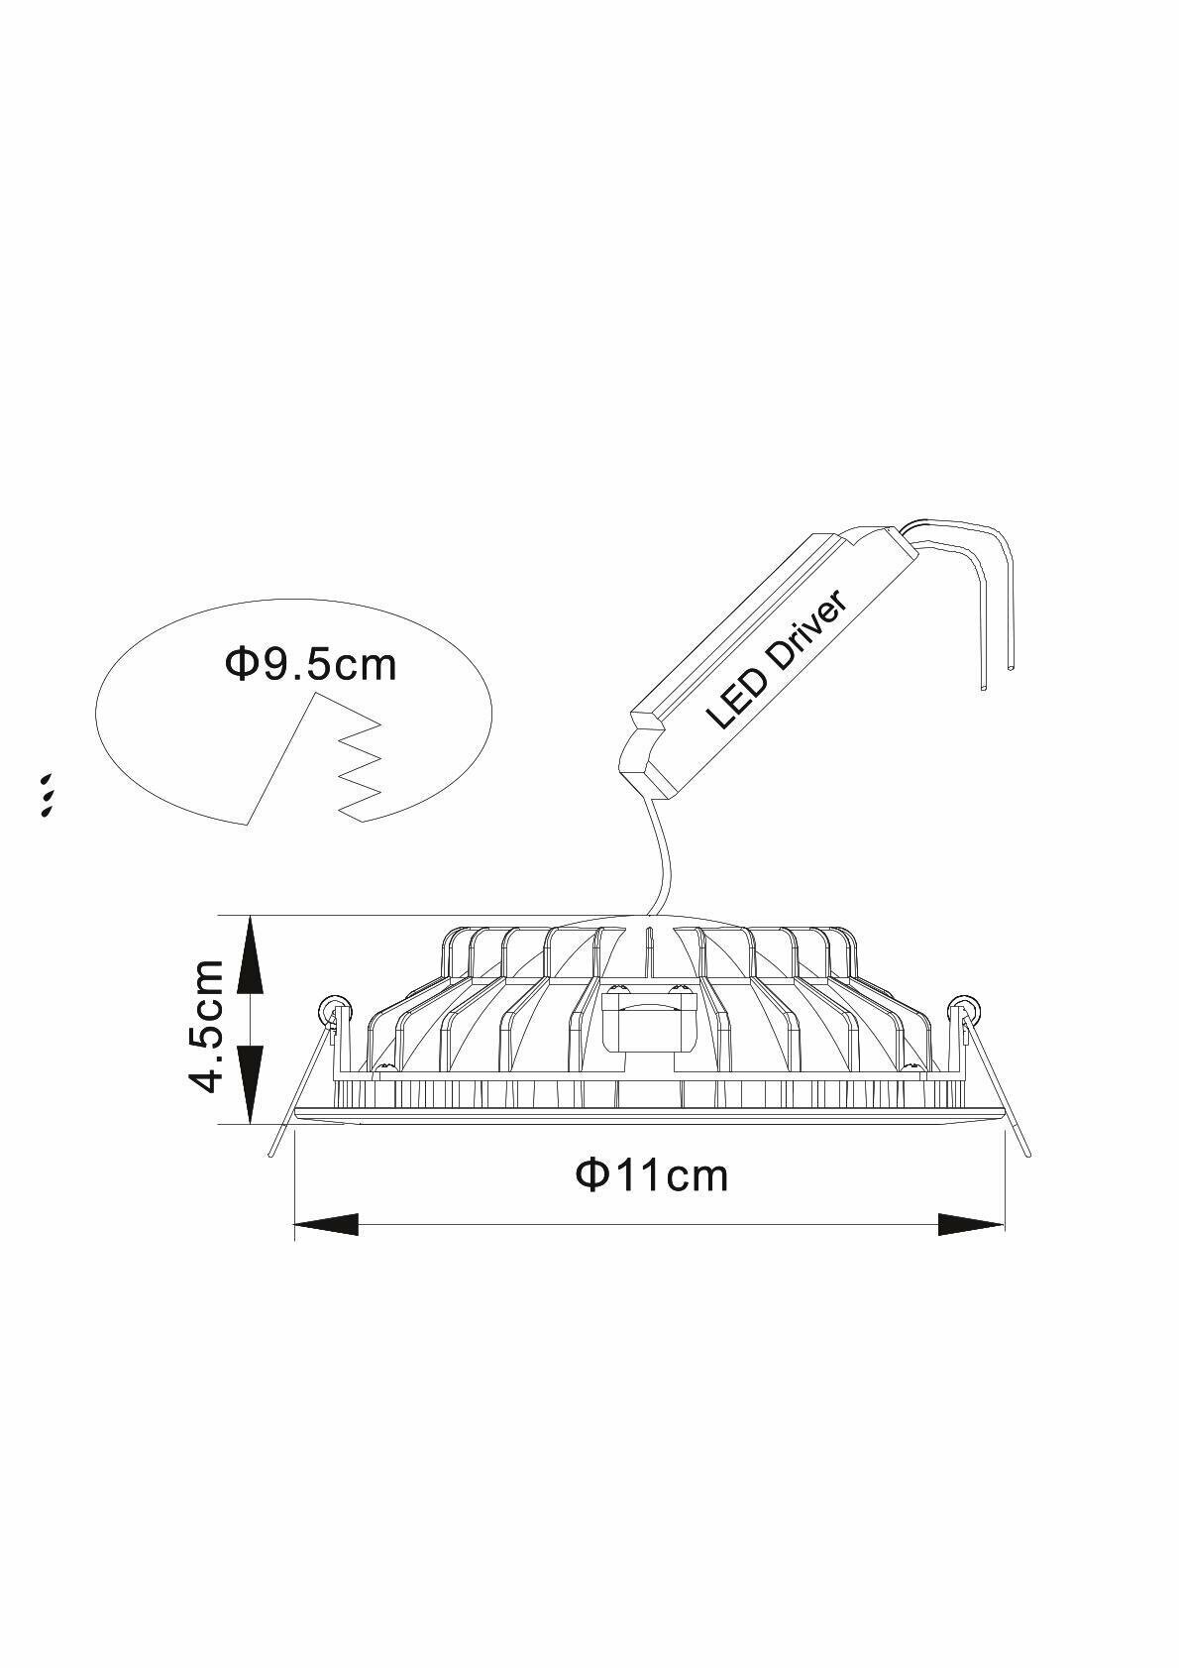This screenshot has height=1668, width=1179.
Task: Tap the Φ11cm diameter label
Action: pos(652,1175)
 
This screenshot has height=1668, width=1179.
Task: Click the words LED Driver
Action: pos(778,658)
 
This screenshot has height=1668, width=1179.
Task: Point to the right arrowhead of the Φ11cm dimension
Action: pos(971,1225)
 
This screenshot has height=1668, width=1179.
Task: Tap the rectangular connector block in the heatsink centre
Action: pos(649,1021)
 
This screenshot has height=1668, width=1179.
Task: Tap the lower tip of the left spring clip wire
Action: pos(272,1153)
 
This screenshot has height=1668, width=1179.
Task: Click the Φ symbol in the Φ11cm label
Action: pos(591,1175)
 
